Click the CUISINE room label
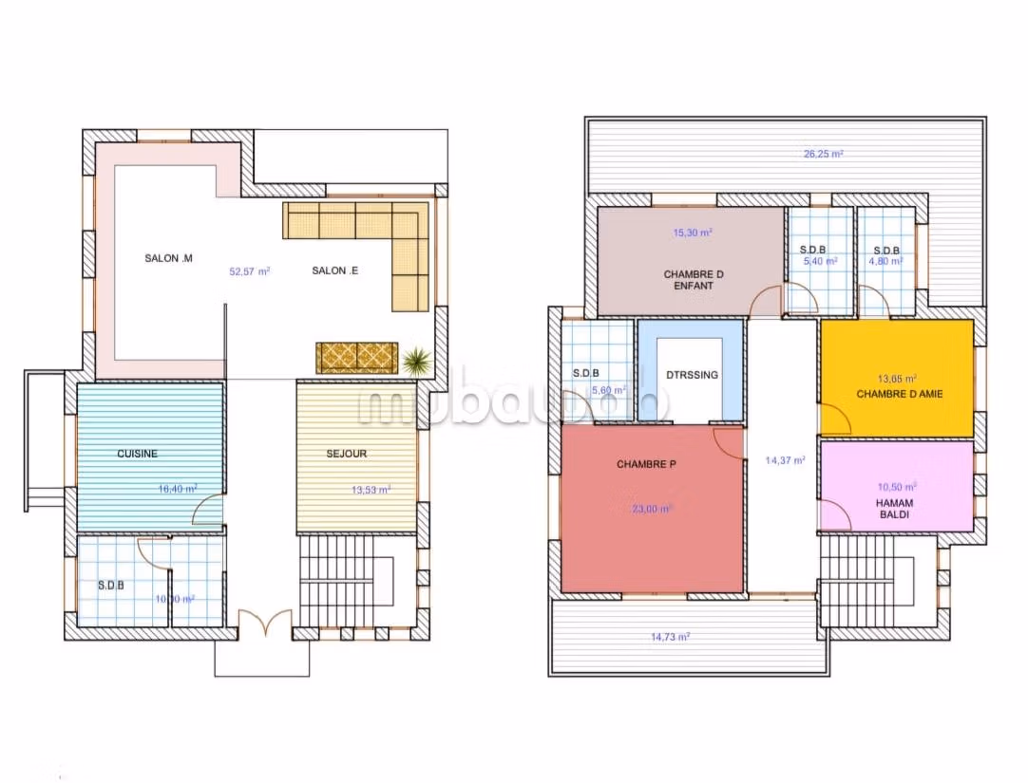(138, 454)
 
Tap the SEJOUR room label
(347, 454)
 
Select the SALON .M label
(169, 258)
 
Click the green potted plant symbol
(415, 360)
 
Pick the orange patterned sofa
(356, 358)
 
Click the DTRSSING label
(693, 375)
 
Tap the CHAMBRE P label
(646, 464)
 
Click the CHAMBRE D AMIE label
(900, 393)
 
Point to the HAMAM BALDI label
(896, 510)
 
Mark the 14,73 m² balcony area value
(670, 637)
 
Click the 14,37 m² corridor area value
(786, 460)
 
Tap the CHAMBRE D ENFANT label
(694, 279)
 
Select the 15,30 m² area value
(693, 232)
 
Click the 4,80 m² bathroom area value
(886, 261)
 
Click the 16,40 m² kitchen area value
(178, 490)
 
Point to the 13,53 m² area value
(371, 490)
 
